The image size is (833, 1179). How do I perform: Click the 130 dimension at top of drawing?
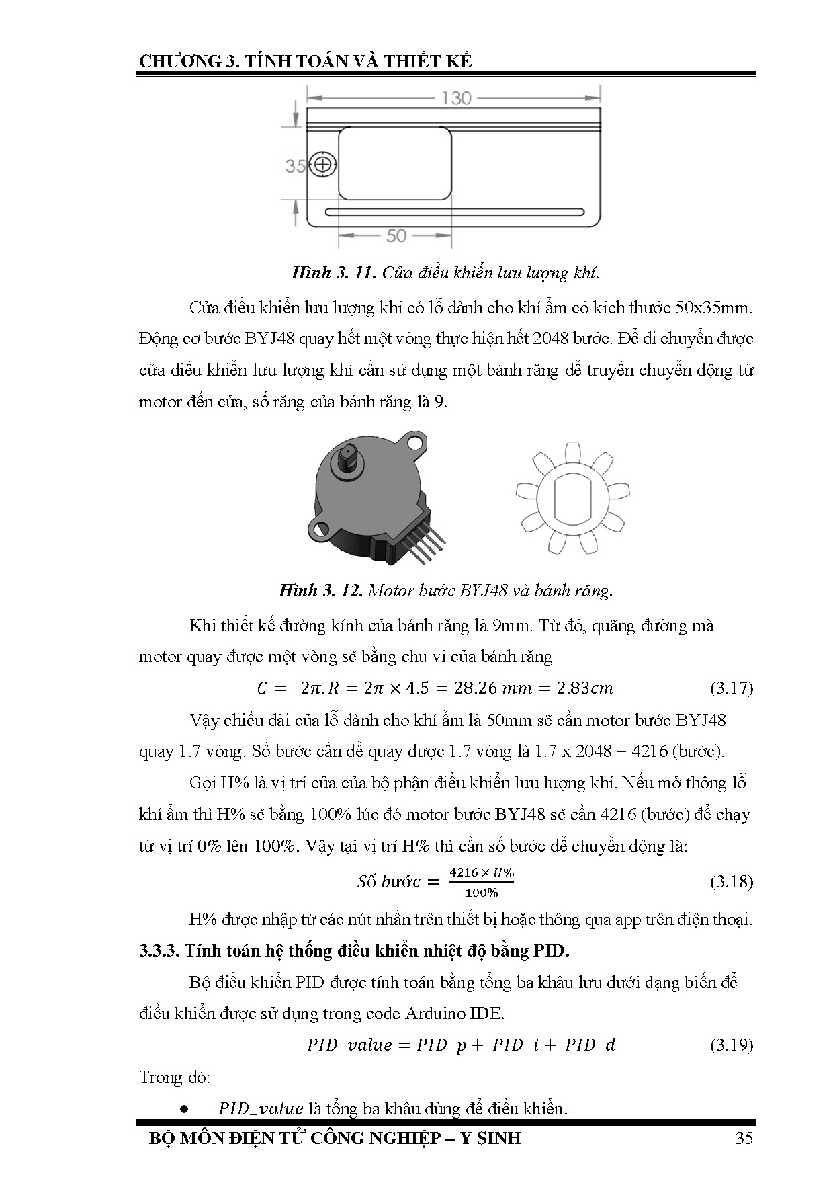point(456,98)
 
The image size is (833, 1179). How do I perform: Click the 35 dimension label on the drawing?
point(296,165)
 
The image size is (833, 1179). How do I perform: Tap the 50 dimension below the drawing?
point(396,235)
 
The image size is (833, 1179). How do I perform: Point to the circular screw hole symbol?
point(323,165)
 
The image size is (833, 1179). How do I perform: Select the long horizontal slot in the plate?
point(455,212)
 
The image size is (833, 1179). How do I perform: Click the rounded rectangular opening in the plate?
point(395,164)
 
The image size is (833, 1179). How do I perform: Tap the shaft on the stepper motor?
point(349,459)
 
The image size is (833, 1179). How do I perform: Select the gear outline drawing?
point(573,499)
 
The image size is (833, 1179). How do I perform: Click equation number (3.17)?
point(731,688)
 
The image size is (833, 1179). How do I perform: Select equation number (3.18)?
point(731,881)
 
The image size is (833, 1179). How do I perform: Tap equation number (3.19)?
point(731,1045)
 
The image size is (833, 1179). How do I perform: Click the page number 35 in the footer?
point(744,1138)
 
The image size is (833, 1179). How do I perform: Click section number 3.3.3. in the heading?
point(159,951)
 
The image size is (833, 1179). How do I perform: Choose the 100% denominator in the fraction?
point(481,893)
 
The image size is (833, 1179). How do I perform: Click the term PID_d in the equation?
point(590,1045)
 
